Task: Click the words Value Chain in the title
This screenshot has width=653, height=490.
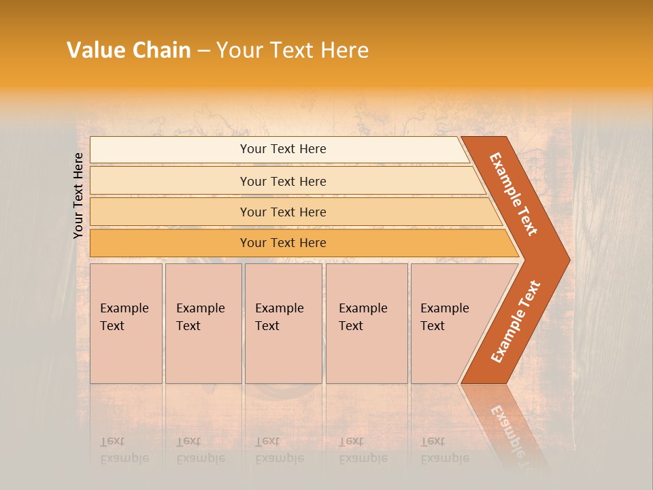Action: [x=129, y=50]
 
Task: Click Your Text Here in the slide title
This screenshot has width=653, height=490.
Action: [x=292, y=50]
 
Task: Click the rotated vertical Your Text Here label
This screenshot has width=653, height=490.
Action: [x=78, y=195]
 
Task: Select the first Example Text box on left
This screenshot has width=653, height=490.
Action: [x=126, y=323]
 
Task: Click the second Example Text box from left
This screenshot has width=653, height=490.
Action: [x=203, y=323]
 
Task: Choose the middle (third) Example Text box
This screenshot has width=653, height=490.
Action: [x=283, y=323]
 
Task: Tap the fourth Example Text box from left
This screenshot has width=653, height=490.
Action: [x=367, y=323]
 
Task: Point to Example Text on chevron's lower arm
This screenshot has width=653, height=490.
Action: [x=516, y=321]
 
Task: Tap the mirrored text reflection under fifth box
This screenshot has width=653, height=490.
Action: [x=444, y=451]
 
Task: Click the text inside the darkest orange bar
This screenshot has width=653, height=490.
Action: [x=283, y=243]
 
